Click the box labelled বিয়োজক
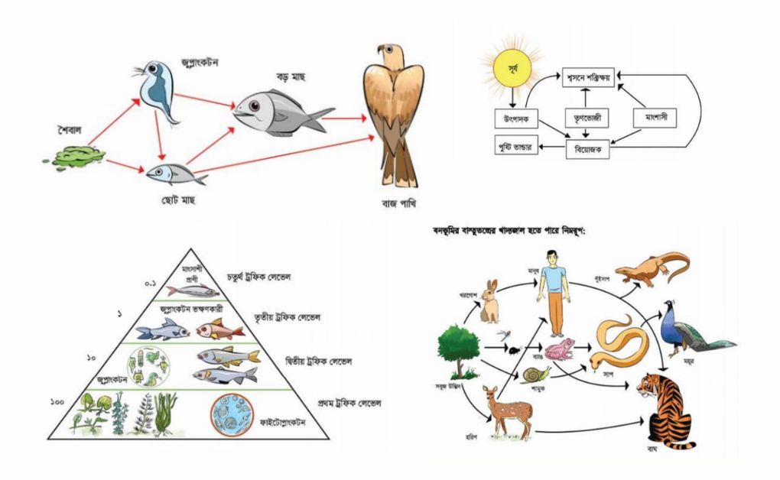tap(587, 150)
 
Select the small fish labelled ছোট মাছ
tap(174, 174)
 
